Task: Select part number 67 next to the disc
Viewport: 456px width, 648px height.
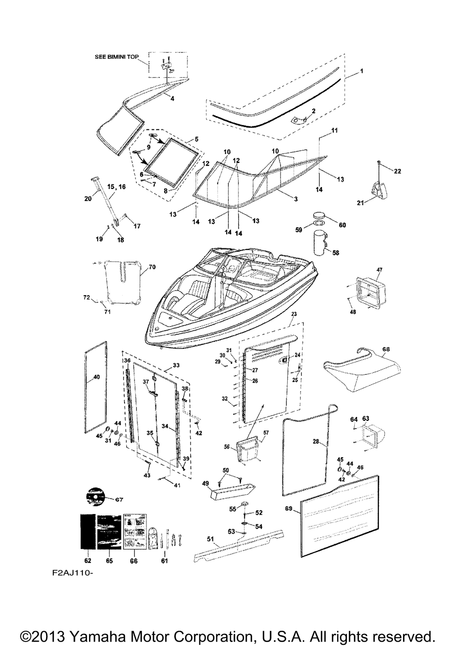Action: (119, 500)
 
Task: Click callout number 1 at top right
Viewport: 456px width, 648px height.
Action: (362, 71)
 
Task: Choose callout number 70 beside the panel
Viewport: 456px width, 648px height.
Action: (152, 267)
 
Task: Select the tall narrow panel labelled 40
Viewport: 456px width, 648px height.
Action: (96, 387)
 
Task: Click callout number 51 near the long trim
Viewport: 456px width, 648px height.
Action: (210, 539)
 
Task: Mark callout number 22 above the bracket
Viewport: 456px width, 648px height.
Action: (398, 171)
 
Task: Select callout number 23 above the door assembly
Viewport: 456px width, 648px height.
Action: (294, 314)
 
